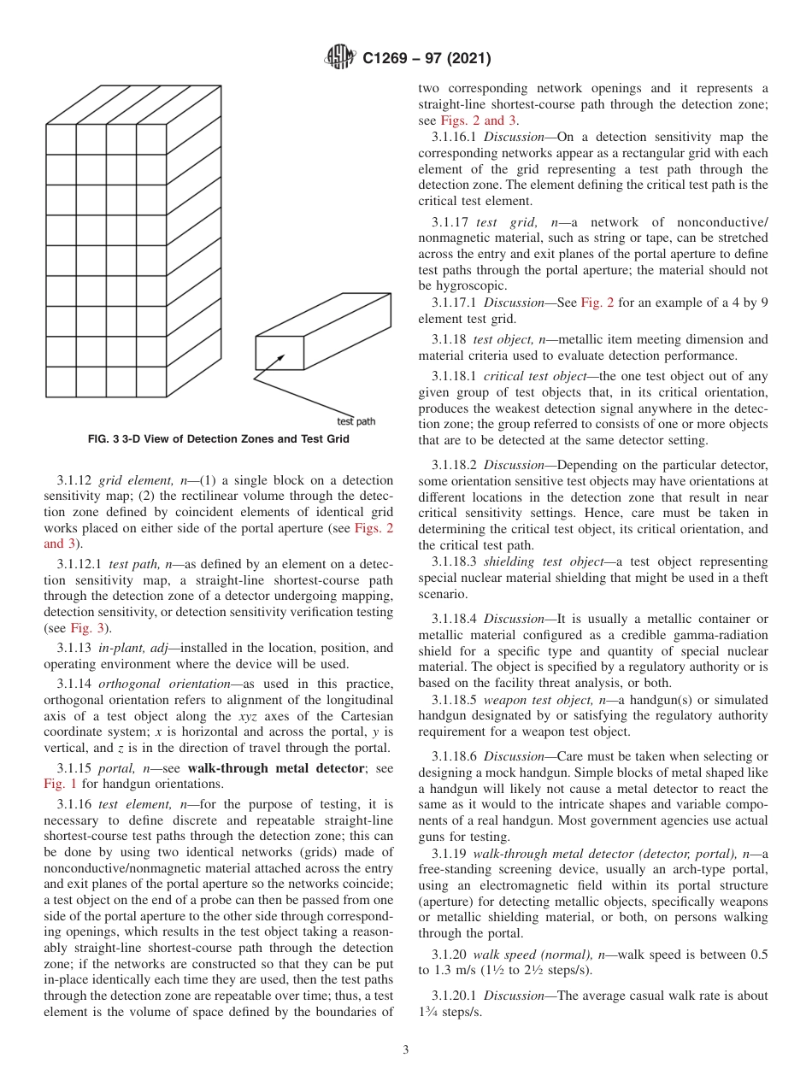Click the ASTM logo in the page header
[x=340, y=59]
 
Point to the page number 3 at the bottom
[x=405, y=1049]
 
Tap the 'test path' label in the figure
[x=356, y=421]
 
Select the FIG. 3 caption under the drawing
[x=219, y=439]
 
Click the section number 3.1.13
[x=74, y=648]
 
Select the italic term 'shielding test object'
[x=541, y=561]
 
